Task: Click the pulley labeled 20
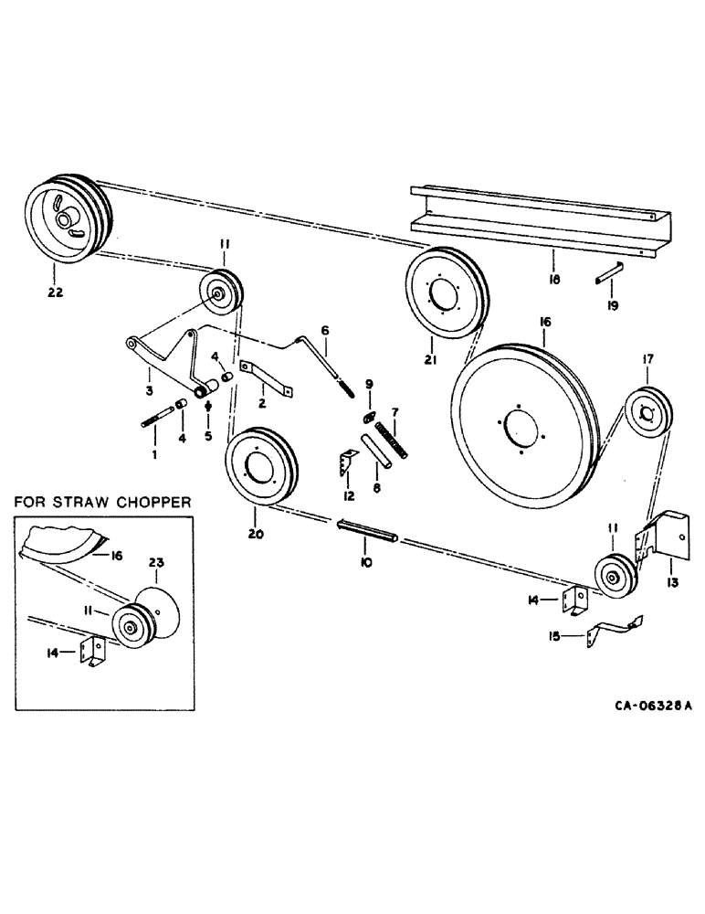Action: (261, 464)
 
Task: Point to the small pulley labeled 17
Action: (648, 414)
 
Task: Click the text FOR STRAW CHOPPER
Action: (101, 502)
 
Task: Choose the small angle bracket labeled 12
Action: (347, 464)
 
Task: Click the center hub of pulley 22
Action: (64, 220)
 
